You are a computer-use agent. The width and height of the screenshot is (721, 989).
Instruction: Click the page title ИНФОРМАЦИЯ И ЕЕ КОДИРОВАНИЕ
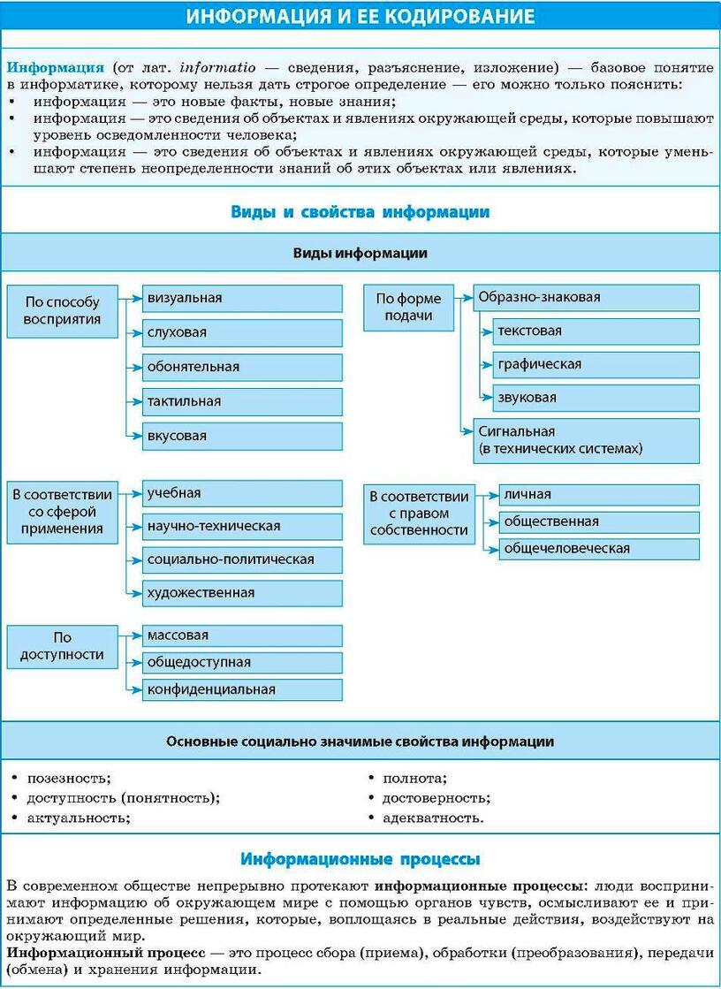(360, 16)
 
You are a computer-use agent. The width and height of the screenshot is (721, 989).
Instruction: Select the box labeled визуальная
(242, 299)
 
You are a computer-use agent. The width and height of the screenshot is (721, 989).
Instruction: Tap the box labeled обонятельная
(242, 367)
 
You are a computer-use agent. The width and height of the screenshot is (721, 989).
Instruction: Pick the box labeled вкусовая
(242, 436)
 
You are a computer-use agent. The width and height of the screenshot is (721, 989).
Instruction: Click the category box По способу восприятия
(63, 311)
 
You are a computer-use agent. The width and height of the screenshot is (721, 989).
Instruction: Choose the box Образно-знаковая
(586, 298)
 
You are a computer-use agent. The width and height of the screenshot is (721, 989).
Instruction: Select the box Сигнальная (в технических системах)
(586, 440)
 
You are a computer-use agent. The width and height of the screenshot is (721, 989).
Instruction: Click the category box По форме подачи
(409, 308)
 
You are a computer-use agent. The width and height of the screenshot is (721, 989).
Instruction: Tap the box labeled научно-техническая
(242, 527)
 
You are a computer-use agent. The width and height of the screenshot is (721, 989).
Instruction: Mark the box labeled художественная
(242, 593)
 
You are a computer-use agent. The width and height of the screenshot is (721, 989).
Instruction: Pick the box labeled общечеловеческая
(598, 549)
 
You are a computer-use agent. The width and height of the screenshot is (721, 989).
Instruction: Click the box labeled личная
(598, 495)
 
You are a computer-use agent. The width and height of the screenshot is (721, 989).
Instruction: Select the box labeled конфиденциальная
(242, 689)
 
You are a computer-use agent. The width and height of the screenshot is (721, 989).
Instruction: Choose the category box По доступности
(63, 646)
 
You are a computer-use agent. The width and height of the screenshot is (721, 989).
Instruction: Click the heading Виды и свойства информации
(360, 212)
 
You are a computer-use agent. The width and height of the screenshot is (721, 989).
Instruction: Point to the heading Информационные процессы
(360, 859)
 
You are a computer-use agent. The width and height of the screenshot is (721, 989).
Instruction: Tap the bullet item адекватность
(433, 818)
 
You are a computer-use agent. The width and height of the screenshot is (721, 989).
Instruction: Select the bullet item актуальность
(79, 818)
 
